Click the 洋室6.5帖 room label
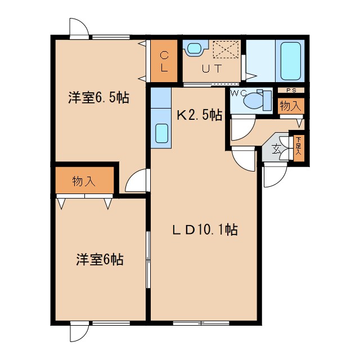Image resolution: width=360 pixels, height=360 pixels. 99,97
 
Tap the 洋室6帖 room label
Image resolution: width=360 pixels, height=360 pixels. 100,260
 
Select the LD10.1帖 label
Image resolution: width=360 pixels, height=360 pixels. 204,230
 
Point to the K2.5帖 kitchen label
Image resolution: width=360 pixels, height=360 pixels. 199,115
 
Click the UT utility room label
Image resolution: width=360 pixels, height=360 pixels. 211,69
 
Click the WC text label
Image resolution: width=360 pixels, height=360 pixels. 236,93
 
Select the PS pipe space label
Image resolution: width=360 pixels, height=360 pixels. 291,90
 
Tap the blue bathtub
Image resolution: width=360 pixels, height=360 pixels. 290,60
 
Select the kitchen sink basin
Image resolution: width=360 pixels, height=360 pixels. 161,133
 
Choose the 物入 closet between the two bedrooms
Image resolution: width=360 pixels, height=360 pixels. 84,181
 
